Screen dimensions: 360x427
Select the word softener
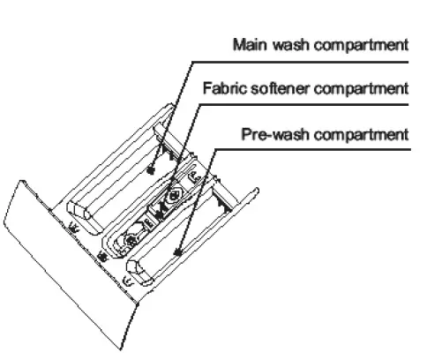(x=275, y=88)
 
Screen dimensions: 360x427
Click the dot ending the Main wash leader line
(x=153, y=168)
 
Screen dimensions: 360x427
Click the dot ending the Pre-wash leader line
(x=178, y=252)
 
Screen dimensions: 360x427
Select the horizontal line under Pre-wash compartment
(x=318, y=149)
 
